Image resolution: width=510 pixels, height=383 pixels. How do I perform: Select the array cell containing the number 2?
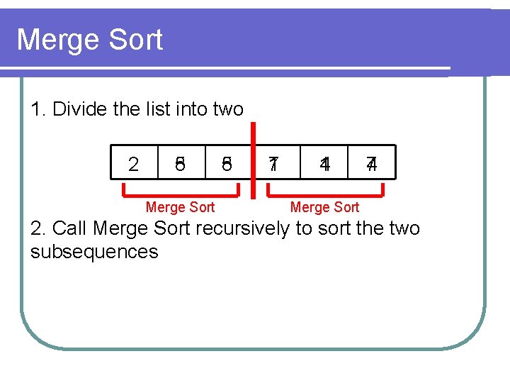[x=133, y=165]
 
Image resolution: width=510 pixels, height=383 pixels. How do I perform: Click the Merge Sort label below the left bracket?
[x=180, y=207]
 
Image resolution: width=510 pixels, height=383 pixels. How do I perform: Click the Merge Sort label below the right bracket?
[x=325, y=207]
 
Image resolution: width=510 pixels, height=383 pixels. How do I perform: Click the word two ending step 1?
[x=228, y=109]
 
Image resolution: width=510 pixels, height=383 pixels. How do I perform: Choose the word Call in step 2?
[x=70, y=228]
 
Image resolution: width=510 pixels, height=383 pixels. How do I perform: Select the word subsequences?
[x=94, y=252]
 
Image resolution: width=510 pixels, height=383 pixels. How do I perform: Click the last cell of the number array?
[x=371, y=165]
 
